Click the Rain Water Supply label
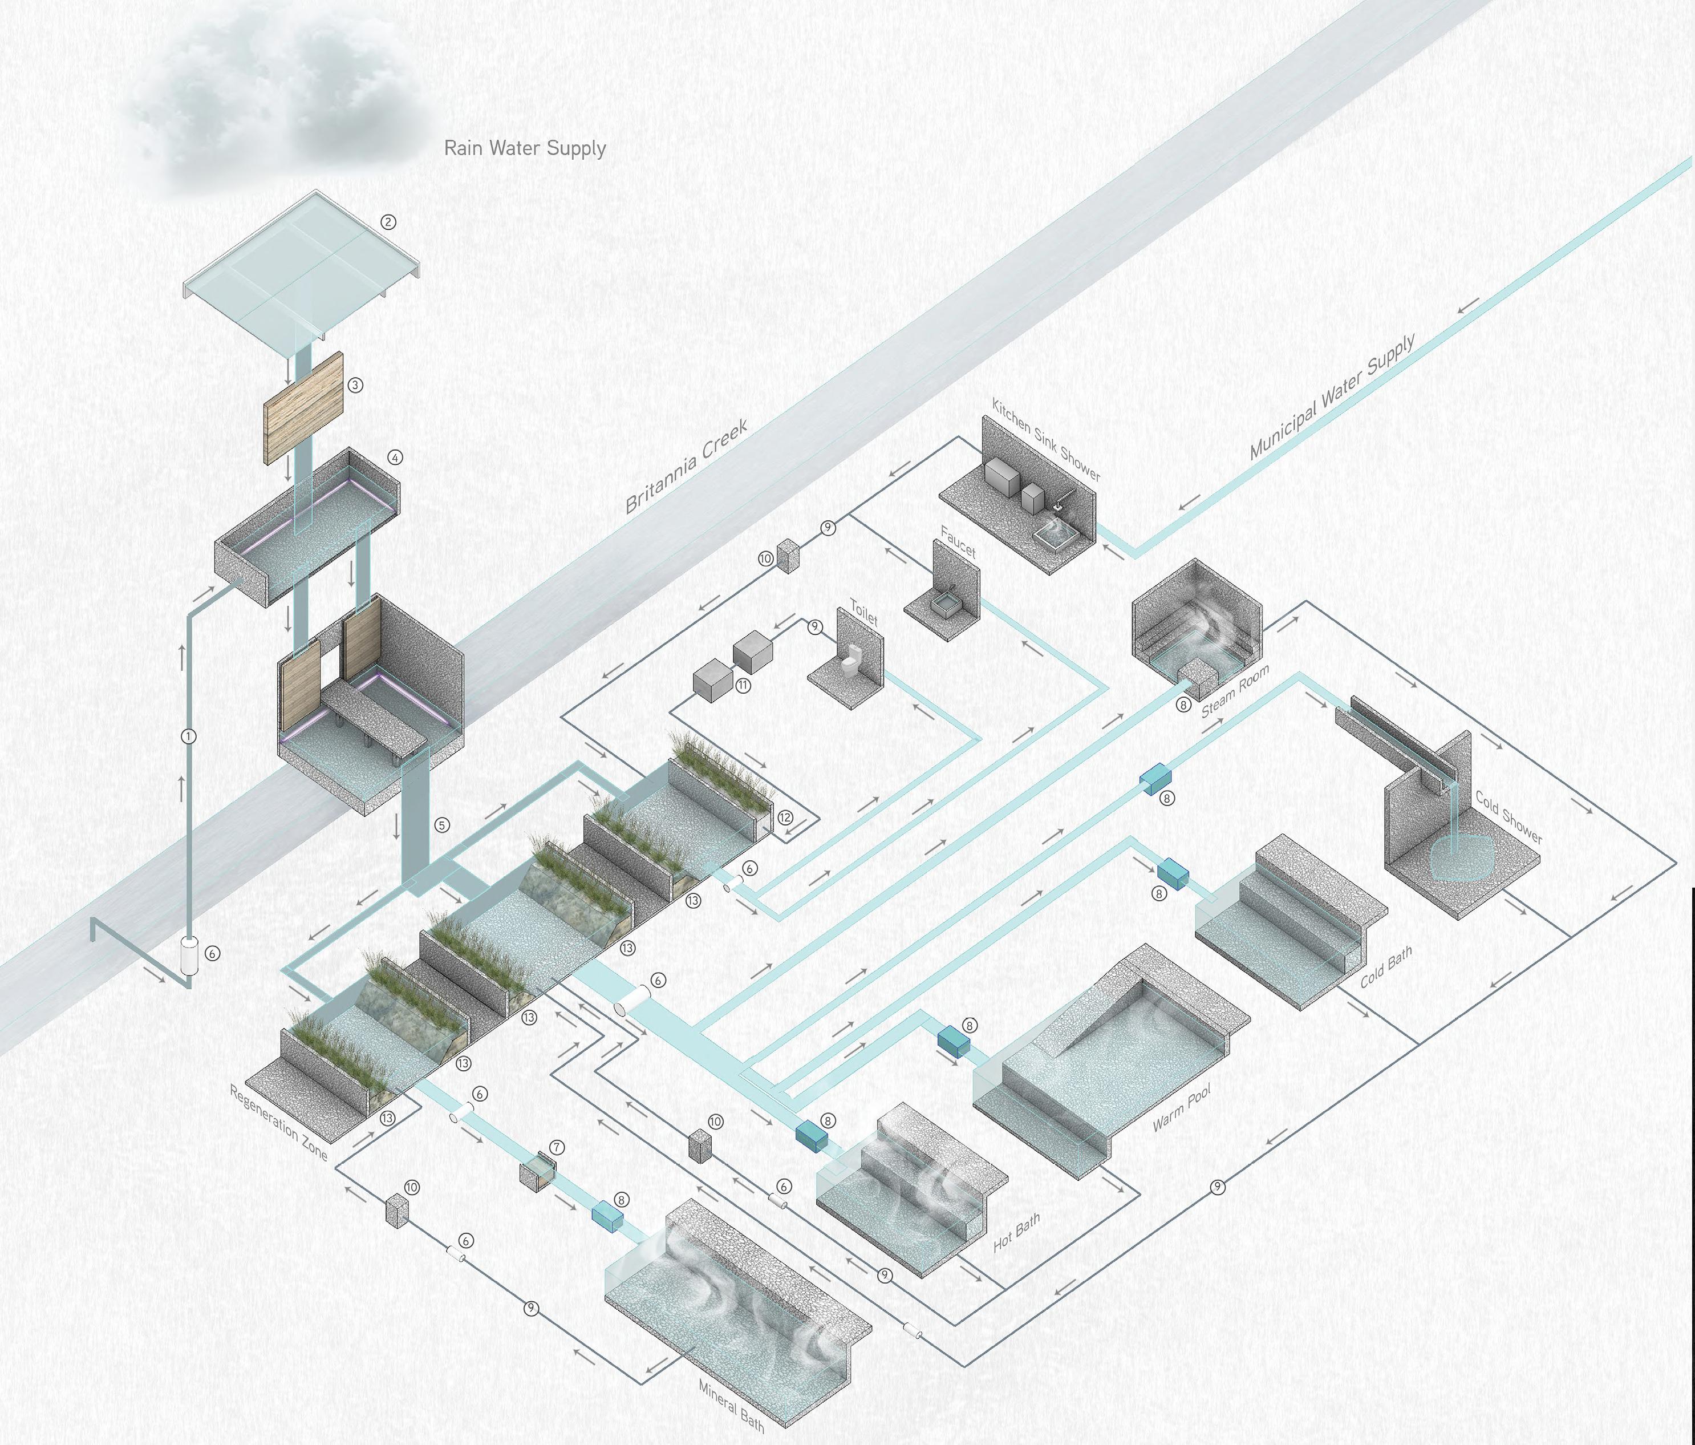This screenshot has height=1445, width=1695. click(x=524, y=148)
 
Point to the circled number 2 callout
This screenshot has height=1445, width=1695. click(x=388, y=222)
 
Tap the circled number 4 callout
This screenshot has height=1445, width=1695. click(x=395, y=458)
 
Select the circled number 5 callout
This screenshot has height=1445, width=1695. click(x=442, y=825)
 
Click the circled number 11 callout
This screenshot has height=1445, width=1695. click(x=743, y=686)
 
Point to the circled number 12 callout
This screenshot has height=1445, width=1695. click(x=785, y=817)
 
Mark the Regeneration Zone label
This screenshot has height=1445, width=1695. click(x=278, y=1123)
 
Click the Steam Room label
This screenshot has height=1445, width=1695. click(x=1235, y=691)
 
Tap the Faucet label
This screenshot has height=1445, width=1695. click(x=958, y=543)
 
